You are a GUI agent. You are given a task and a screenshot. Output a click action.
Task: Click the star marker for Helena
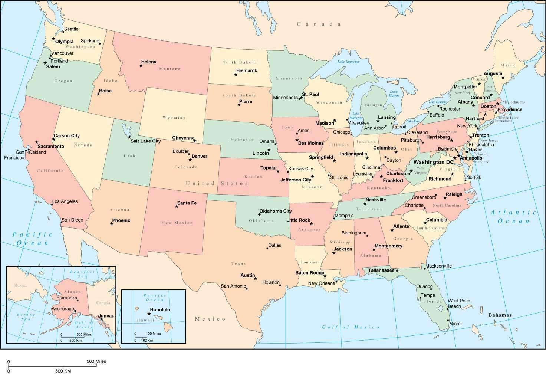(x=141, y=66)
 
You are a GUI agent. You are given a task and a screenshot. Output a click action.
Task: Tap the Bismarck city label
(x=246, y=70)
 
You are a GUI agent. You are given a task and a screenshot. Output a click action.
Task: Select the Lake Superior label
(x=348, y=62)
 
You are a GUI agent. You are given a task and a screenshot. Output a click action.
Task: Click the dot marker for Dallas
(x=267, y=248)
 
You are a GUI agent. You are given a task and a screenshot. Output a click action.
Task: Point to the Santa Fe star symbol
(x=177, y=206)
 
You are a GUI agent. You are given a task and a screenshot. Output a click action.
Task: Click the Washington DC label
(x=433, y=162)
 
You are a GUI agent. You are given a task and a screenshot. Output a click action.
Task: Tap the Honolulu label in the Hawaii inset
(x=160, y=309)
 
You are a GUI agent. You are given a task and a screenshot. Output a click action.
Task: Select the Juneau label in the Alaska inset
(x=106, y=316)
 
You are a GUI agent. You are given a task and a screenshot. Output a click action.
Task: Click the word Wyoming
(x=174, y=118)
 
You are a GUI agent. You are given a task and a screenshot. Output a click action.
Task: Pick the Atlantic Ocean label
(x=513, y=217)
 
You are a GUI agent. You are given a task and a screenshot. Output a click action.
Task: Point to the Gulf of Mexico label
(x=351, y=327)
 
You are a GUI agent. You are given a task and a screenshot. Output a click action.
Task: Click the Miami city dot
(x=448, y=321)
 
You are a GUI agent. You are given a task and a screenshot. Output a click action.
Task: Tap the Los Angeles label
(x=65, y=201)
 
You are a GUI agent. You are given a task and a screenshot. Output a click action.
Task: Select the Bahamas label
(x=500, y=315)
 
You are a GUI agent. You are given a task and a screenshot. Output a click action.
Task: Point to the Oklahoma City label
(x=275, y=211)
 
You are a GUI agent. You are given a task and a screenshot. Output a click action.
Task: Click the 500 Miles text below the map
(x=96, y=361)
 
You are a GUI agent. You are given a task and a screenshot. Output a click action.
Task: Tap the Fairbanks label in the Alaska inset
(x=67, y=298)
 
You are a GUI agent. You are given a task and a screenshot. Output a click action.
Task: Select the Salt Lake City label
(x=145, y=141)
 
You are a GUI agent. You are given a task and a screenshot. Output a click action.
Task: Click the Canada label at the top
(x=319, y=24)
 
